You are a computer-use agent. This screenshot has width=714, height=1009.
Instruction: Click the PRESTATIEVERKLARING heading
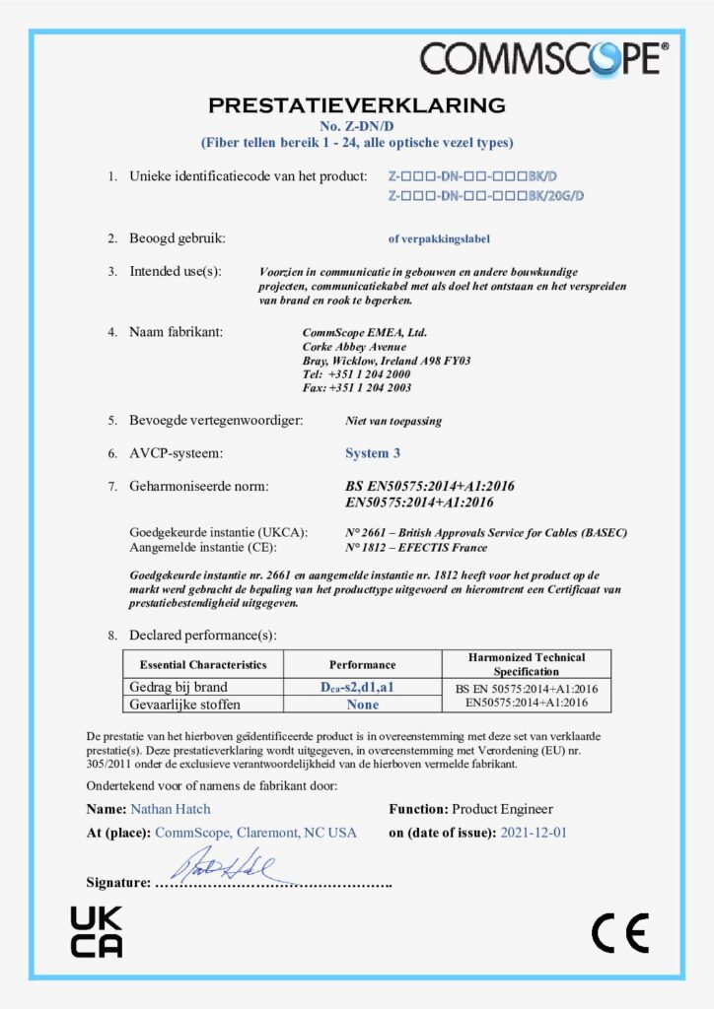tap(357, 105)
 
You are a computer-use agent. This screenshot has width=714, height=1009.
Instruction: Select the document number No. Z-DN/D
tap(357, 126)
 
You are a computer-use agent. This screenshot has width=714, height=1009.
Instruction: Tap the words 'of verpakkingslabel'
tap(439, 238)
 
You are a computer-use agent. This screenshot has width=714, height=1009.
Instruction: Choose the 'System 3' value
tap(373, 453)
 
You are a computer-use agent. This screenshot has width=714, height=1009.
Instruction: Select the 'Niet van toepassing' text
tap(393, 421)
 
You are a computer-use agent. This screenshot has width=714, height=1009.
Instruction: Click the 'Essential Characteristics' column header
tap(203, 664)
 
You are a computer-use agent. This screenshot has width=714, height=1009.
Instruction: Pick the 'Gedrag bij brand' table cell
tap(185, 687)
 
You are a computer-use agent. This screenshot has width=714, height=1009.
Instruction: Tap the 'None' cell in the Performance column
tap(363, 705)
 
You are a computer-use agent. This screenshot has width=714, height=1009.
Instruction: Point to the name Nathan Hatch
tap(170, 809)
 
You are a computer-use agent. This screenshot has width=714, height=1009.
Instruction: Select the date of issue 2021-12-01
tap(534, 833)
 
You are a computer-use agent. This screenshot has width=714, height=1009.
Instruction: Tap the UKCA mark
tap(97, 932)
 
